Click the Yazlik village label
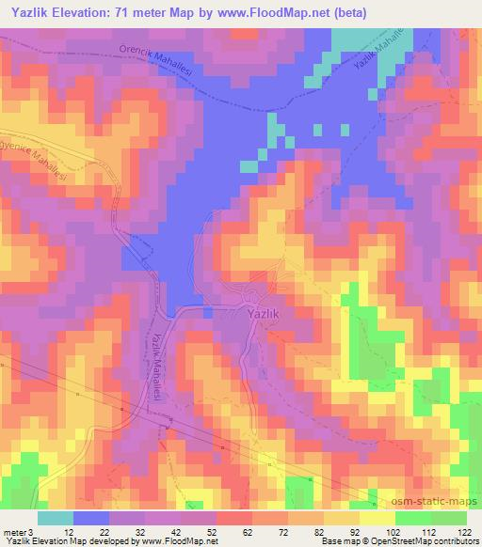(x=263, y=317)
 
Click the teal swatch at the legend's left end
(x=56, y=518)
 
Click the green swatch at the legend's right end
(x=449, y=518)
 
